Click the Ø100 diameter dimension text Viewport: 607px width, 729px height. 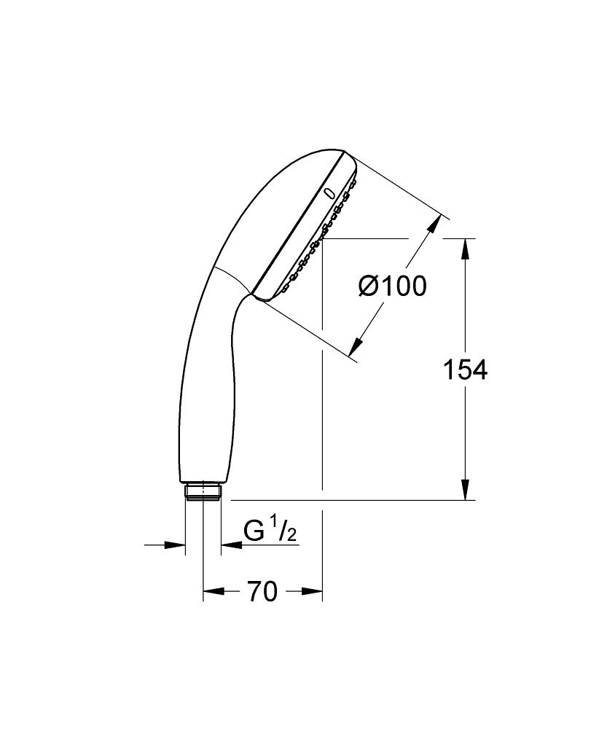tap(392, 286)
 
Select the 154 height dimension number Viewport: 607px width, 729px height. tap(465, 370)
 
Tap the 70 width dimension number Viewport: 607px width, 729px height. tap(262, 592)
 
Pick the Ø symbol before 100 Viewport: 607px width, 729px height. tap(369, 286)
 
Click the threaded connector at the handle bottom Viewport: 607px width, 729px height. tap(203, 492)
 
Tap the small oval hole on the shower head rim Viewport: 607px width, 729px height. tap(329, 194)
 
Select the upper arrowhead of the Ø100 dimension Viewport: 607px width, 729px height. tap(435, 224)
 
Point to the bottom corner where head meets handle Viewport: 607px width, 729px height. tap(253, 295)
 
